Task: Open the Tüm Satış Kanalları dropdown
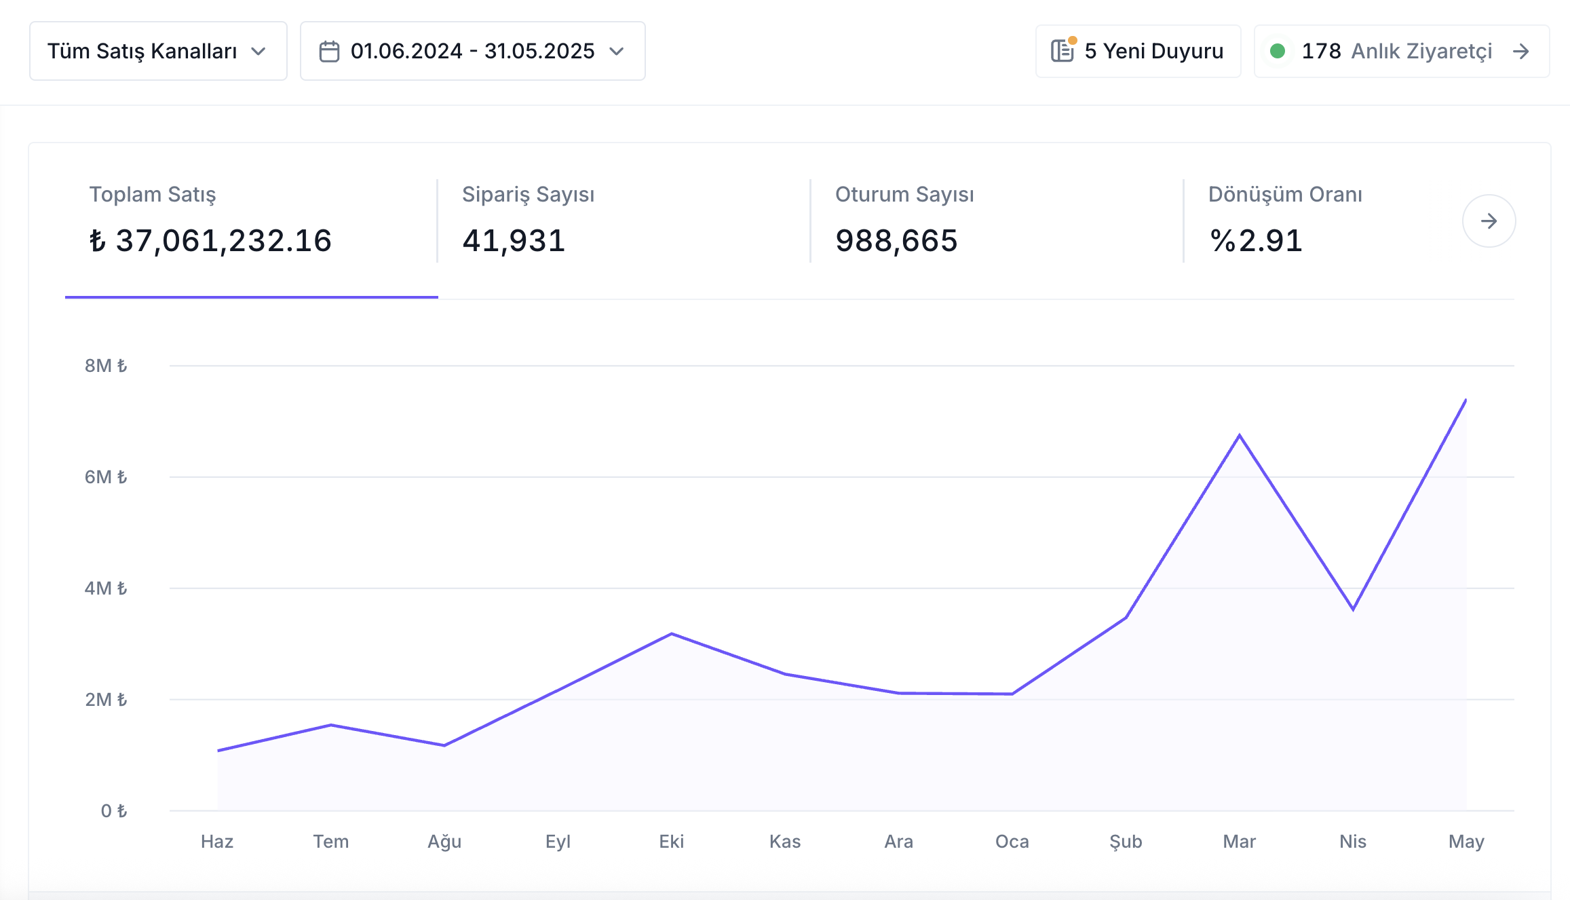click(x=158, y=51)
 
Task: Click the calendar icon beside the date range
click(x=329, y=52)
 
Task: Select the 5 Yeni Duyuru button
click(x=1138, y=52)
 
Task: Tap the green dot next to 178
click(x=1278, y=51)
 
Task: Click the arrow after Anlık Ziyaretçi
click(x=1521, y=52)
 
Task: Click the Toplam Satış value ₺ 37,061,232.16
click(x=210, y=241)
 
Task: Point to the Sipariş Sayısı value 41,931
click(x=514, y=241)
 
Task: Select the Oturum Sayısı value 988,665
click(x=896, y=241)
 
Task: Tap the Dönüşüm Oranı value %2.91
click(x=1256, y=241)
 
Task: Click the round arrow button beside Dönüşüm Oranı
click(x=1489, y=221)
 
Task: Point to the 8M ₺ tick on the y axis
click(x=106, y=366)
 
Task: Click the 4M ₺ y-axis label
click(x=106, y=588)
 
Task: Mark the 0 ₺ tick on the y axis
click(x=114, y=811)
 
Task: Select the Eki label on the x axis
click(x=672, y=842)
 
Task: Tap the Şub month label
click(x=1126, y=842)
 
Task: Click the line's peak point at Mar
click(x=1240, y=435)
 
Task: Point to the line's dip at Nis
click(x=1353, y=610)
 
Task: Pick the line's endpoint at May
click(x=1466, y=400)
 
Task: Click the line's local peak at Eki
click(x=672, y=634)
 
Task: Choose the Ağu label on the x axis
click(x=444, y=842)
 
